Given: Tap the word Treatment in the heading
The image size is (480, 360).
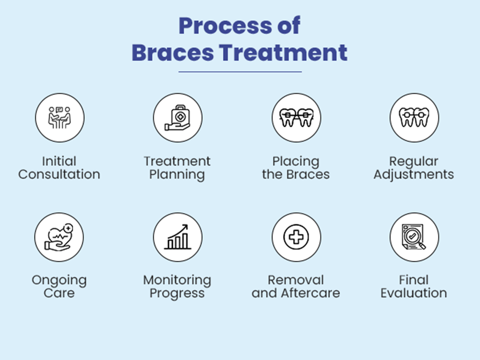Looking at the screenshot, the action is [x=284, y=53].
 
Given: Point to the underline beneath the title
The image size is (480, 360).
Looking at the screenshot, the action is [x=240, y=72].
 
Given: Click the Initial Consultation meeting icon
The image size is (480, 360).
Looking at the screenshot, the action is [x=60, y=118].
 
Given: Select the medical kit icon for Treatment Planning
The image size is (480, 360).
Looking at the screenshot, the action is [x=178, y=118].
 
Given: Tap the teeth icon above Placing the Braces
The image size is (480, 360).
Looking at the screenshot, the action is [x=296, y=117].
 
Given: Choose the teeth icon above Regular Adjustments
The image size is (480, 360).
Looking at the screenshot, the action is [x=414, y=117].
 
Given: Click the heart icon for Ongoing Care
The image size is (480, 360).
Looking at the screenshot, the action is [x=59, y=237].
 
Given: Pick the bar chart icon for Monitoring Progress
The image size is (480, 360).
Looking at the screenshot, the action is [x=178, y=237].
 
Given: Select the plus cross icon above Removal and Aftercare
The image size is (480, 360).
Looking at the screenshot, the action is [x=296, y=237].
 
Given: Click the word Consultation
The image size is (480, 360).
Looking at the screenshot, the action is [x=59, y=174].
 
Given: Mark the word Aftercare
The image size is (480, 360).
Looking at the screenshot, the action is [x=310, y=293].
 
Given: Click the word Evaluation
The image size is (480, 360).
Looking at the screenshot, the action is [x=414, y=293].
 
